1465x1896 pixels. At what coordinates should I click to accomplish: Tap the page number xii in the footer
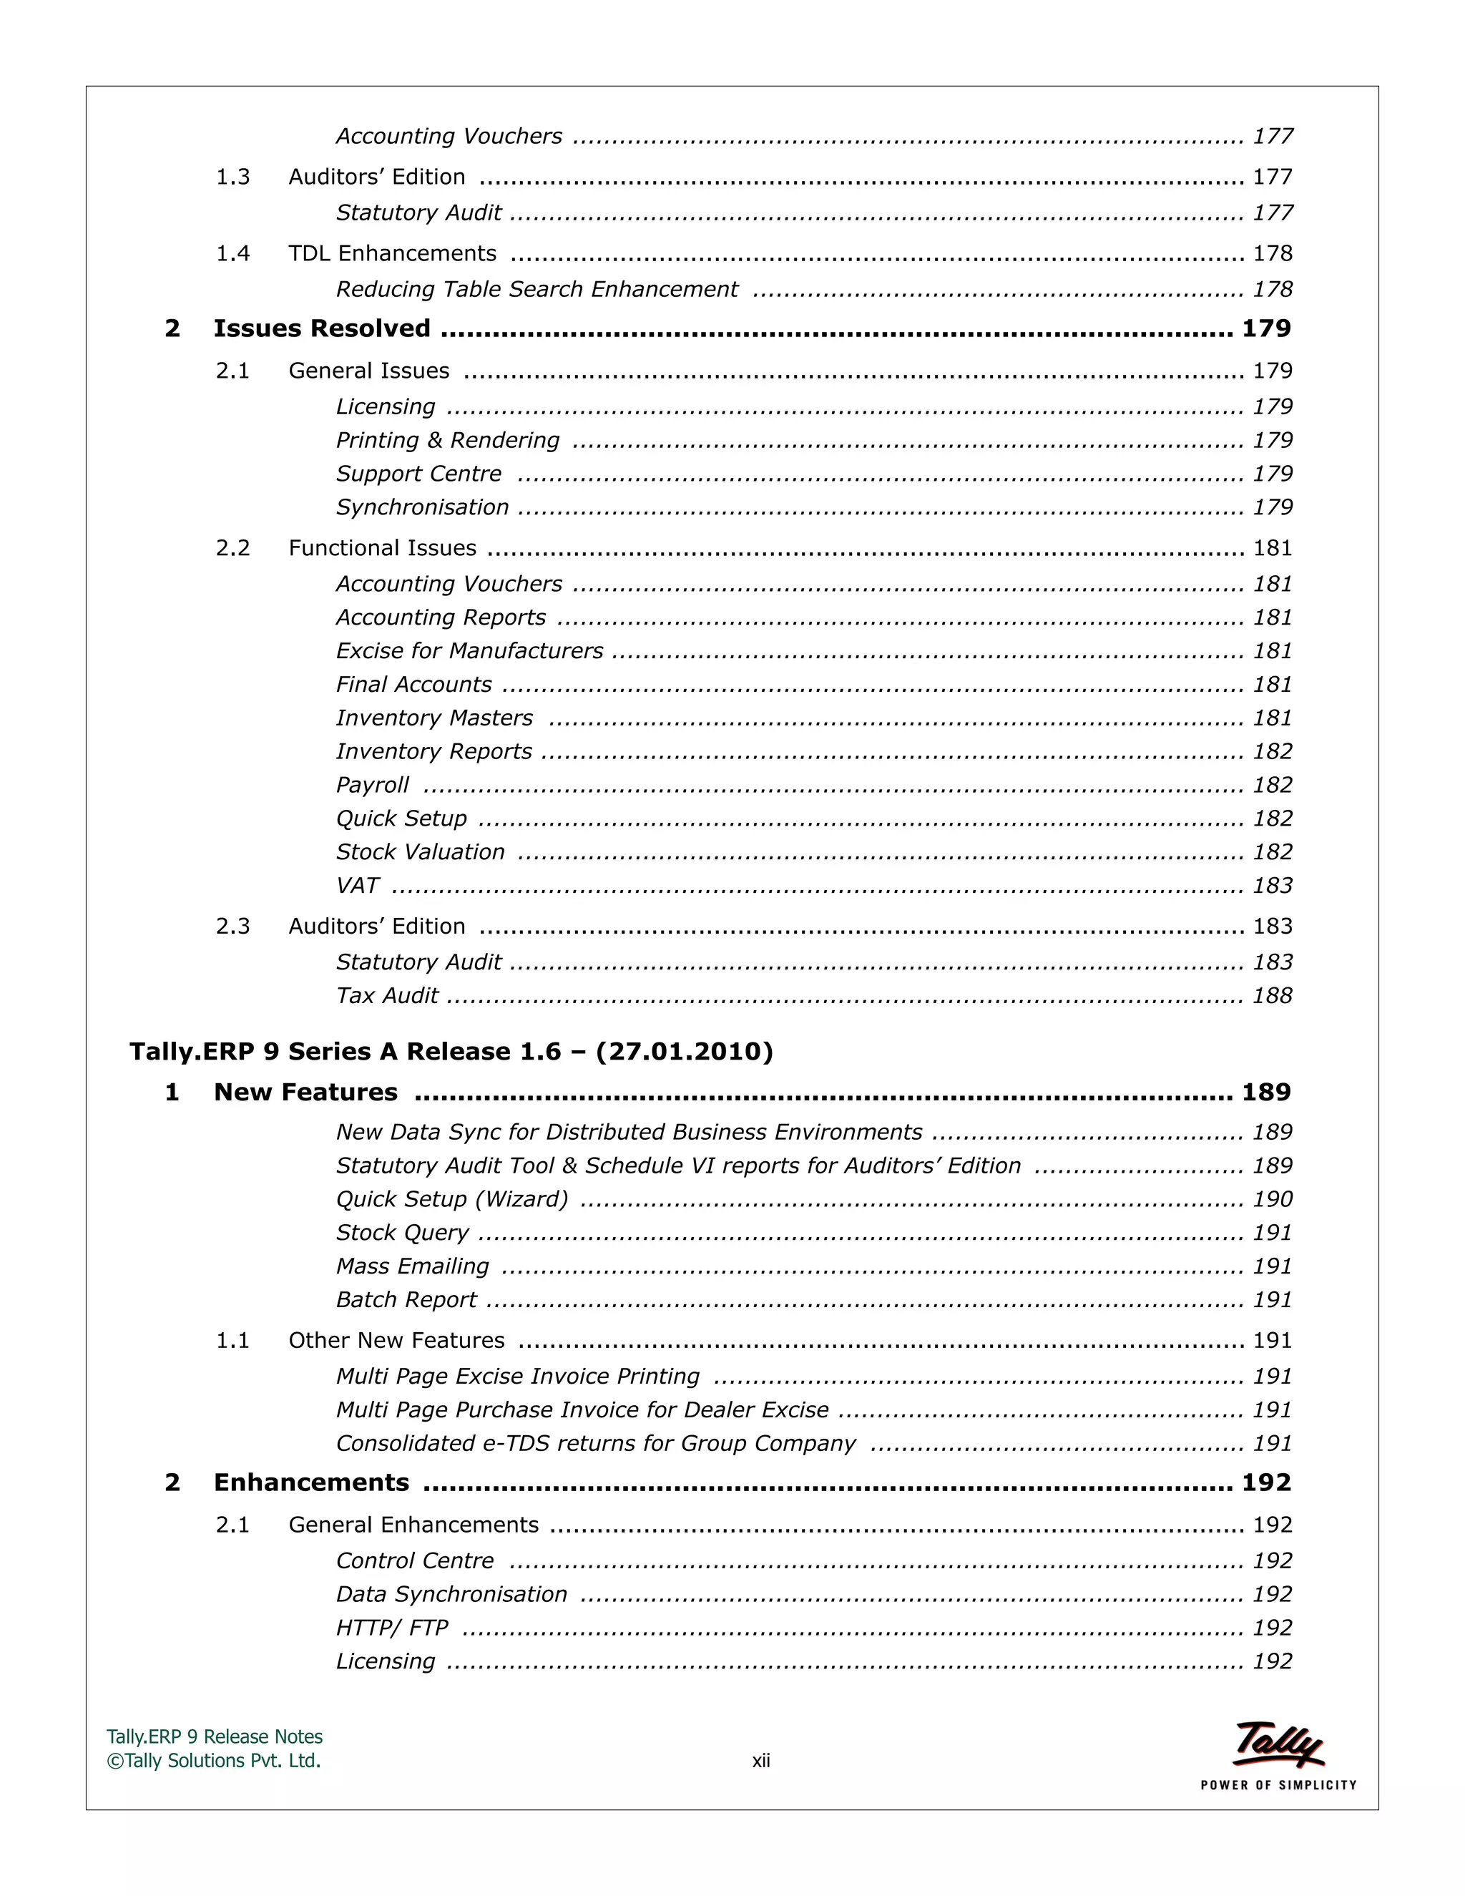click(761, 1761)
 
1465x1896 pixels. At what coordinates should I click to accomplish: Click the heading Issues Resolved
click(322, 328)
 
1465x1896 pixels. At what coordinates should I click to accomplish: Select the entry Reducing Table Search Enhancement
click(536, 289)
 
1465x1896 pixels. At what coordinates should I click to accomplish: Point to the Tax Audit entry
click(387, 996)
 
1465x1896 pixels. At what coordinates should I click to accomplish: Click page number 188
click(1273, 996)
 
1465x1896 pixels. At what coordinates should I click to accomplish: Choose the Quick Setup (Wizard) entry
click(452, 1199)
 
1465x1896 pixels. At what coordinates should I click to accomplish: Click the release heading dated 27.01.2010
click(451, 1051)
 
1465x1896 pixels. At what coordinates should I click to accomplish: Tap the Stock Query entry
click(403, 1233)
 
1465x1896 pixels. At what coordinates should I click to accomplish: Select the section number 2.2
click(232, 548)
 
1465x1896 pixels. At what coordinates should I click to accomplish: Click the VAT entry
click(358, 886)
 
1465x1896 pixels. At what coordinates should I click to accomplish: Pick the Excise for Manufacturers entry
click(469, 651)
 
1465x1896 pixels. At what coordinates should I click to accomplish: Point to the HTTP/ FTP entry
click(392, 1628)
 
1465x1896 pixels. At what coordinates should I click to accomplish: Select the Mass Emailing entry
click(412, 1266)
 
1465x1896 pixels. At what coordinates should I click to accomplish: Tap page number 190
click(1273, 1199)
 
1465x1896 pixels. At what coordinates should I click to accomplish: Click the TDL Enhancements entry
click(392, 253)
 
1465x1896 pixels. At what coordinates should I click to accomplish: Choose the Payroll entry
click(372, 785)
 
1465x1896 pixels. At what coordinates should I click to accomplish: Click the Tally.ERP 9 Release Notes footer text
click(215, 1736)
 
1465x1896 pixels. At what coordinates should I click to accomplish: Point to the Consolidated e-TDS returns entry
click(595, 1444)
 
